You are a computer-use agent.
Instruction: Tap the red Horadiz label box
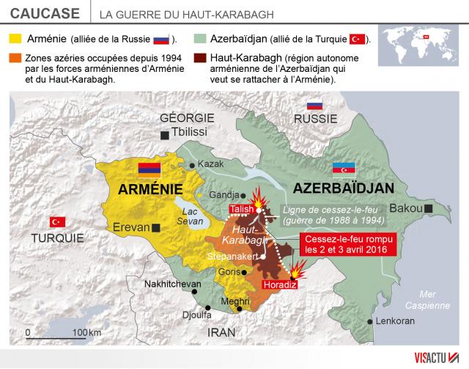282,285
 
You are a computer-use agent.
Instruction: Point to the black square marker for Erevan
157,227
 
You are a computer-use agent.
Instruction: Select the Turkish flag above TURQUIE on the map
57,222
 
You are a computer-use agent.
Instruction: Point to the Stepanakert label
233,257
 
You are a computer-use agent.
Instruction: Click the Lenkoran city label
394,321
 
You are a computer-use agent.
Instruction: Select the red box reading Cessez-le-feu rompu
350,244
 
